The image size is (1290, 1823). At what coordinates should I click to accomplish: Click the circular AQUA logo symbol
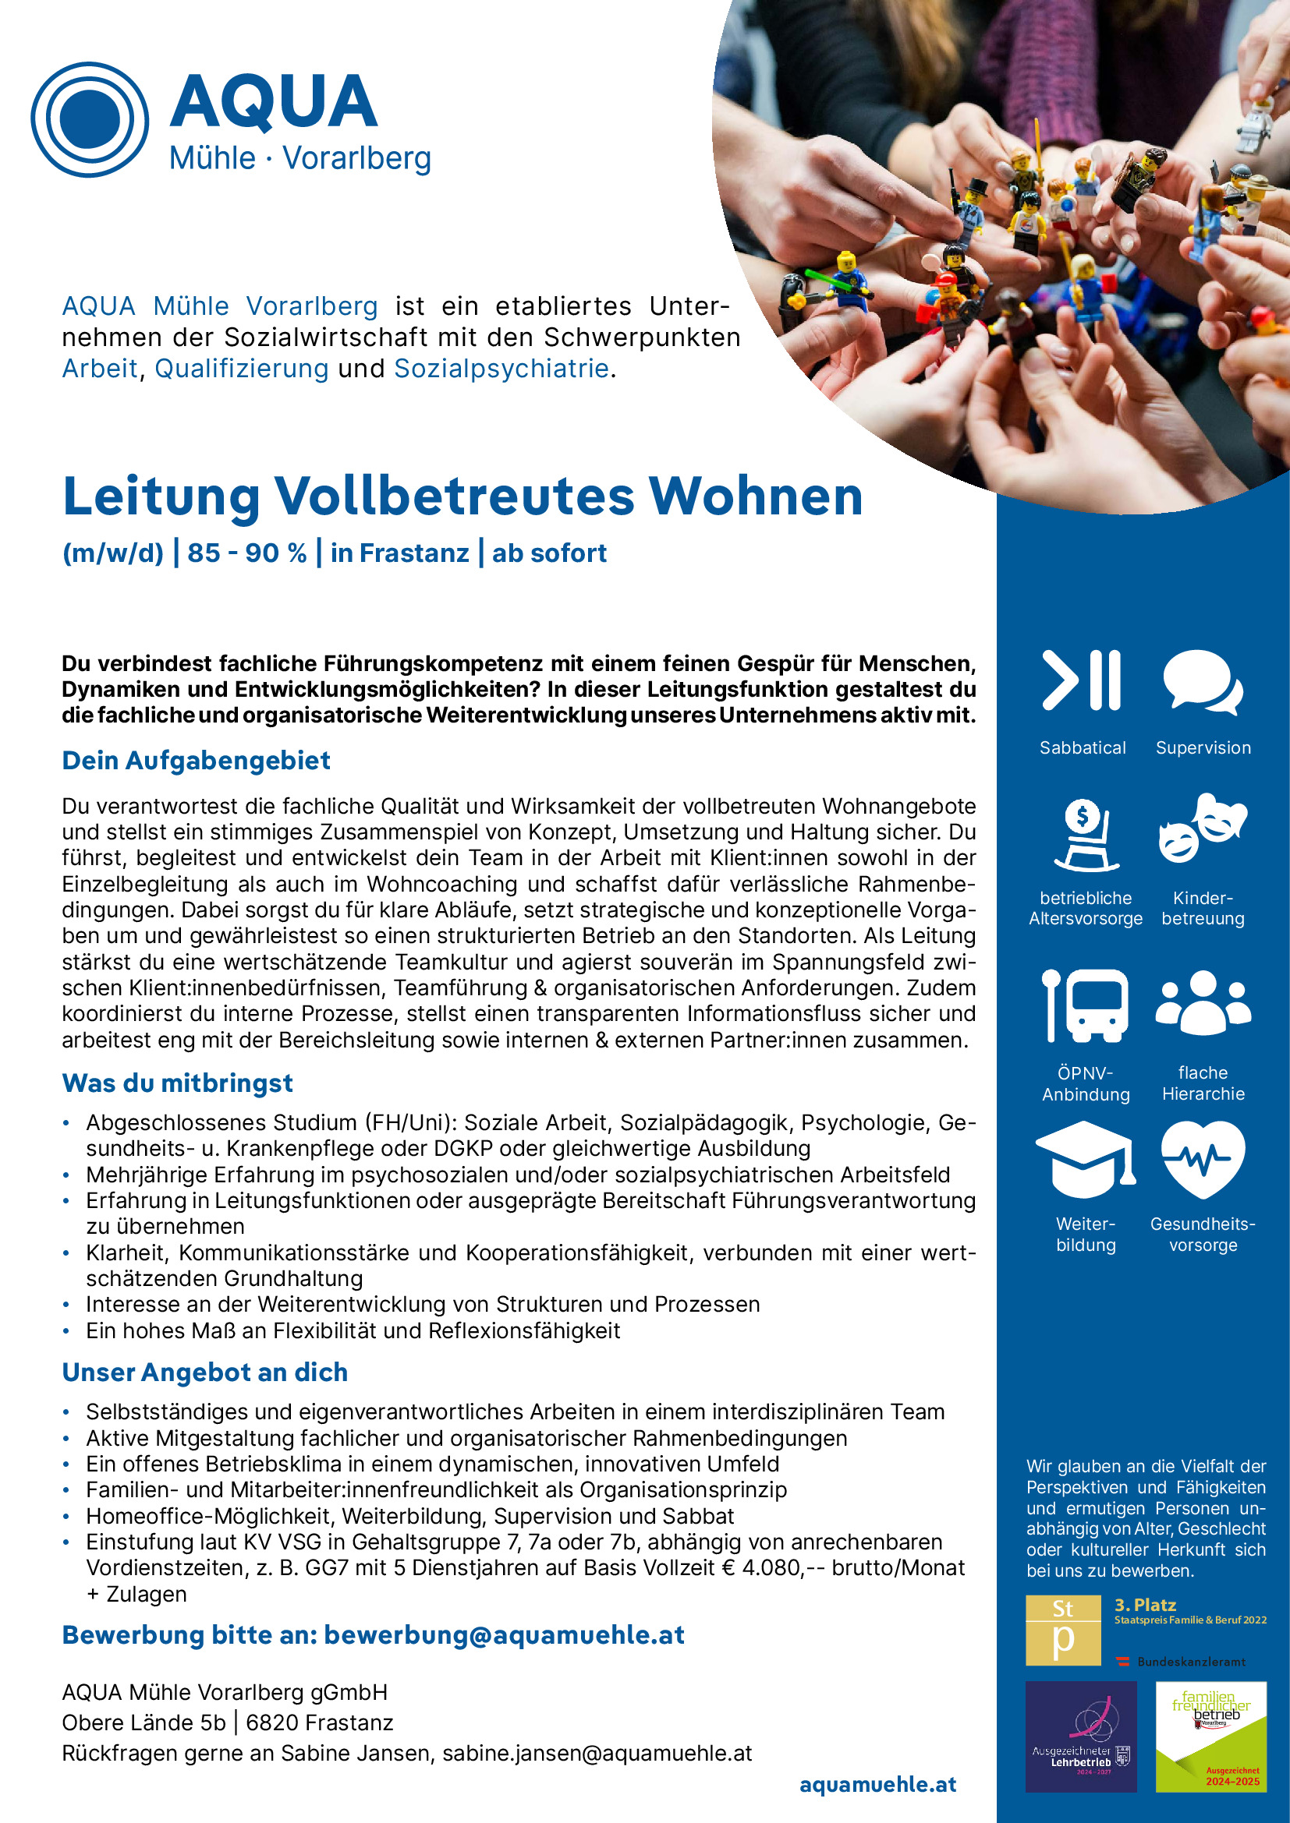coord(90,119)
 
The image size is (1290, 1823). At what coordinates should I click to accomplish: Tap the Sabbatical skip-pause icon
coord(1082,680)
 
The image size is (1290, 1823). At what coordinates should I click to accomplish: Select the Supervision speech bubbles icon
coord(1202,681)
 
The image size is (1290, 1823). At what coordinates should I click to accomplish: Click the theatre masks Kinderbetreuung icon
coord(1202,828)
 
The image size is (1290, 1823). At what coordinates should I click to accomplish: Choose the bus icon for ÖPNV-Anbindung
coord(1085,1005)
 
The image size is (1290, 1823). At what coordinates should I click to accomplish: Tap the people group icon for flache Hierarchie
coord(1203,1002)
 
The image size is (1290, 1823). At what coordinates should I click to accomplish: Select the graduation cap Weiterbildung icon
coord(1085,1159)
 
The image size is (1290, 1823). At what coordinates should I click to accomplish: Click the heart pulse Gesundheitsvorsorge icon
coord(1203,1159)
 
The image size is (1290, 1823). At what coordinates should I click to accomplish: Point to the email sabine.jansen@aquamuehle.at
coord(597,1753)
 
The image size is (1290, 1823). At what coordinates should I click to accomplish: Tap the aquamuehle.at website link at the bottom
coord(877,1784)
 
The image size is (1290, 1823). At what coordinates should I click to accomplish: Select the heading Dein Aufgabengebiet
coord(197,761)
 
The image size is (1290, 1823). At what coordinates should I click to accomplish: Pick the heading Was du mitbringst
coord(177,1083)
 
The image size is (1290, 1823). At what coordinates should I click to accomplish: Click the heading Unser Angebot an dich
coord(205,1372)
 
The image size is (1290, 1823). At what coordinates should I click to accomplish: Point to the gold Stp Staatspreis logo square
coord(1063,1630)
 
